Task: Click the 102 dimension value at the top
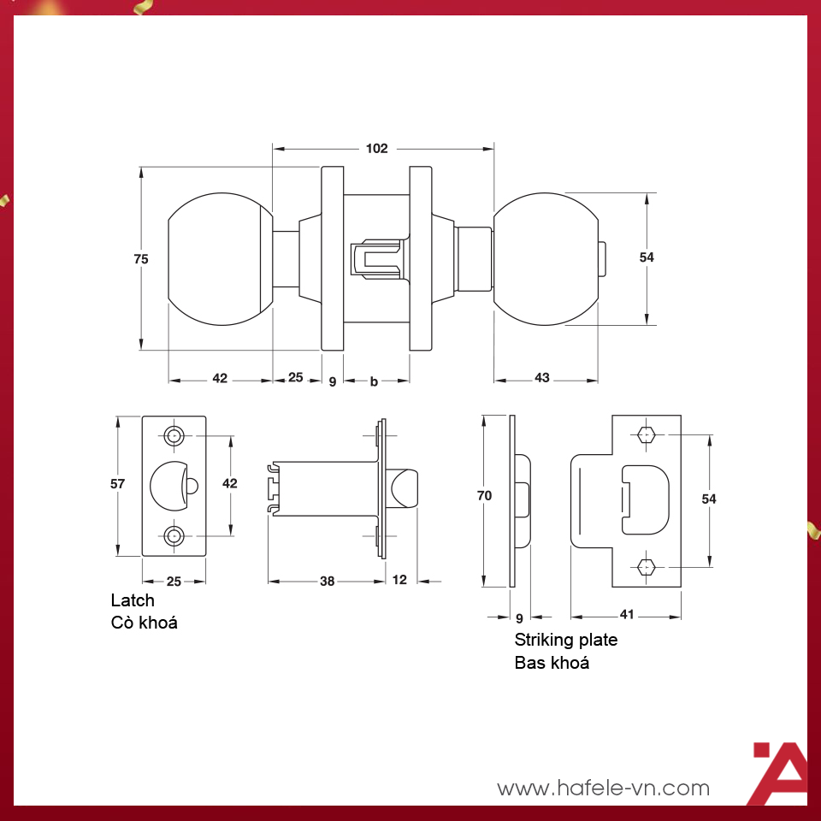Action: point(376,149)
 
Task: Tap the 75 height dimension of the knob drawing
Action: point(141,259)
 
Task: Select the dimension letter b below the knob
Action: point(374,381)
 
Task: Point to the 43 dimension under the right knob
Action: point(542,377)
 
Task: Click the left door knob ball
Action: point(221,259)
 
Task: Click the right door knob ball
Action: point(546,259)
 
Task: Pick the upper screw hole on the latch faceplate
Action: point(174,435)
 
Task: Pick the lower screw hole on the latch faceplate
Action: point(174,535)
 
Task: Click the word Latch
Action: point(133,600)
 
